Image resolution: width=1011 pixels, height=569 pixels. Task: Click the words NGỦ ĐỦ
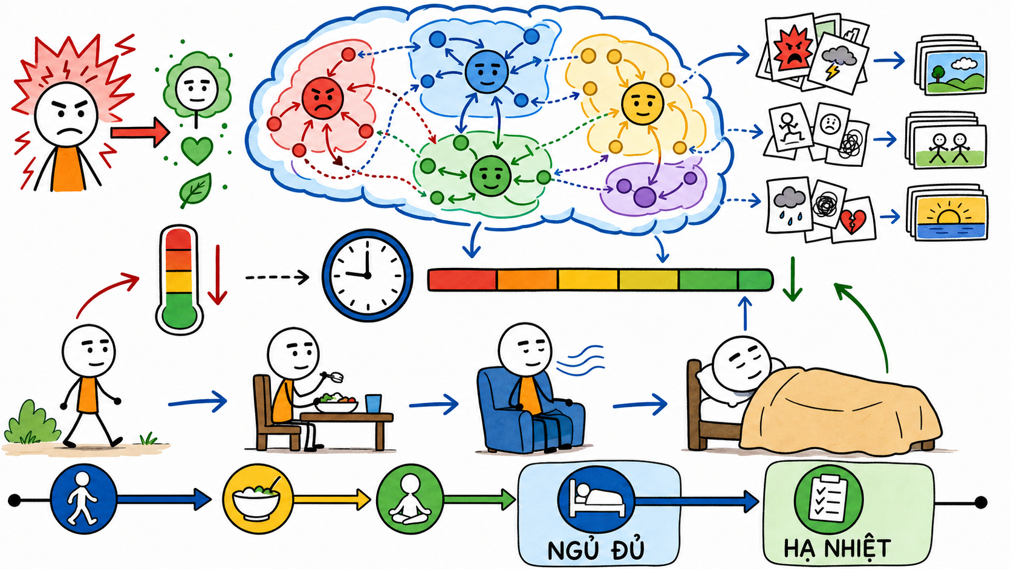pyautogui.click(x=596, y=549)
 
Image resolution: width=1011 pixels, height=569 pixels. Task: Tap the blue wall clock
pyautogui.click(x=367, y=275)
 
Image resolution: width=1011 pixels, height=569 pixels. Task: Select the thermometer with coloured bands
pyautogui.click(x=179, y=280)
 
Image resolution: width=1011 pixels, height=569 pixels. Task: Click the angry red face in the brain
pyautogui.click(x=322, y=99)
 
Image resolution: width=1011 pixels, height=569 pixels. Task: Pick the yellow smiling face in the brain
pyautogui.click(x=642, y=104)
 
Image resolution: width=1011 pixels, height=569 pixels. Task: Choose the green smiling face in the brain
pyautogui.click(x=490, y=176)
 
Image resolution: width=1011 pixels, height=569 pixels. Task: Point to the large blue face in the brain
pyautogui.click(x=487, y=72)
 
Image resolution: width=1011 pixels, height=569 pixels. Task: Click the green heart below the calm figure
pyautogui.click(x=197, y=151)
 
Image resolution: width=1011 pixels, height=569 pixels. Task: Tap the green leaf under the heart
pyautogui.click(x=195, y=190)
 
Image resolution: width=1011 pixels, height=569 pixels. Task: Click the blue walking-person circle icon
pyautogui.click(x=83, y=499)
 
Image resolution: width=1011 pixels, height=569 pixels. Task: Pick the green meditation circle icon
pyautogui.click(x=410, y=499)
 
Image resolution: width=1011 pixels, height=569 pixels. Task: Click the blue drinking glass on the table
pyautogui.click(x=373, y=404)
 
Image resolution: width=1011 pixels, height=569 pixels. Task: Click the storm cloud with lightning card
pyautogui.click(x=838, y=63)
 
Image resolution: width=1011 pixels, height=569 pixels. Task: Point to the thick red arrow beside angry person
pyautogui.click(x=140, y=132)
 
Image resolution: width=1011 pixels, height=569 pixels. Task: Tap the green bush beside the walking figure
pyautogui.click(x=31, y=423)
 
